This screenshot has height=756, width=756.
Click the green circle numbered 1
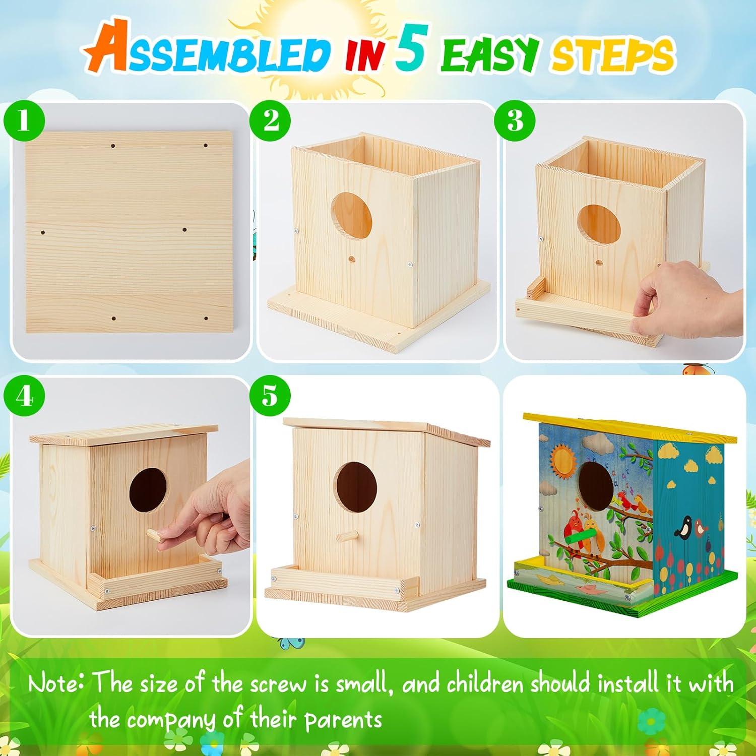coord(23,122)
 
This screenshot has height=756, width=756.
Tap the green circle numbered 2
coord(271,121)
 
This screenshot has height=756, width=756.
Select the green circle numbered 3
coord(515,121)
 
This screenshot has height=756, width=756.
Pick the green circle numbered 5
coord(270,397)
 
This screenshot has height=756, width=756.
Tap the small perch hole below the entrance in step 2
coord(351,259)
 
